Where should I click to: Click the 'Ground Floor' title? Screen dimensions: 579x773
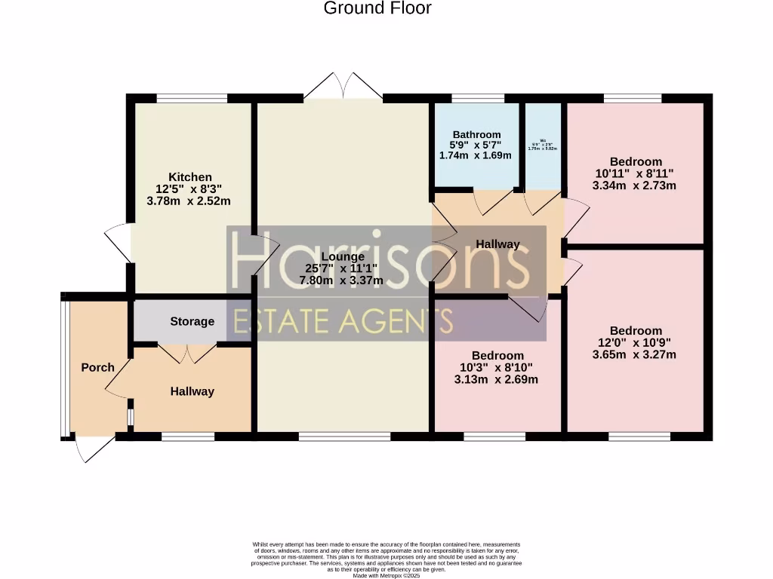pyautogui.click(x=377, y=8)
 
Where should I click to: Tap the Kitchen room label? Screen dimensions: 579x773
pyautogui.click(x=189, y=177)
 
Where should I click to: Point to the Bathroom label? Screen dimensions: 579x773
pyautogui.click(x=476, y=135)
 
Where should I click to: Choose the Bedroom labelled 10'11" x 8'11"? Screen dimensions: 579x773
pyautogui.click(x=636, y=161)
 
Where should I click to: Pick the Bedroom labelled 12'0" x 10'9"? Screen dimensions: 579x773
pyautogui.click(x=636, y=330)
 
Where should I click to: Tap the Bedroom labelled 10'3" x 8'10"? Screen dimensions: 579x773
pyautogui.click(x=497, y=355)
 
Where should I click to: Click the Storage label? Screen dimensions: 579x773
pyautogui.click(x=192, y=321)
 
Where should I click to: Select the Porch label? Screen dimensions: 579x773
pyautogui.click(x=97, y=367)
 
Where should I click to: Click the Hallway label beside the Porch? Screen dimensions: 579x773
pyautogui.click(x=192, y=391)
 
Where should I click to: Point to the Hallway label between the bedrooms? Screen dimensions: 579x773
pyautogui.click(x=497, y=244)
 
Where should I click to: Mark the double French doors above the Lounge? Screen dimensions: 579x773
pyautogui.click(x=343, y=86)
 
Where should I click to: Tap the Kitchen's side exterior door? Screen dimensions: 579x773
pyautogui.click(x=119, y=243)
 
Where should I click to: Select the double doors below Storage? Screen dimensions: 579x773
pyautogui.click(x=185, y=354)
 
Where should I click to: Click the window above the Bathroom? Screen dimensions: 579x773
pyautogui.click(x=477, y=98)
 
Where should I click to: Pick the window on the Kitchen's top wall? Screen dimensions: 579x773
pyautogui.click(x=192, y=98)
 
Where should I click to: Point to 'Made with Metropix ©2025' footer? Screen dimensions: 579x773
pyautogui.click(x=386, y=575)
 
